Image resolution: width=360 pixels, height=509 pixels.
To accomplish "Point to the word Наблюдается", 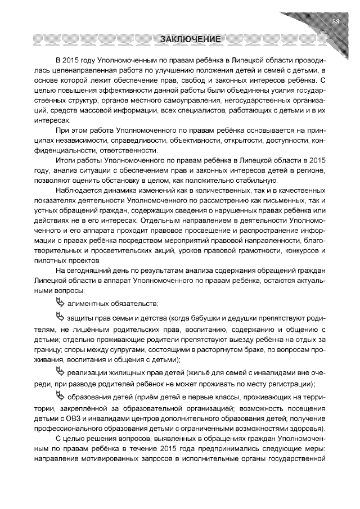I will (78, 191).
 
